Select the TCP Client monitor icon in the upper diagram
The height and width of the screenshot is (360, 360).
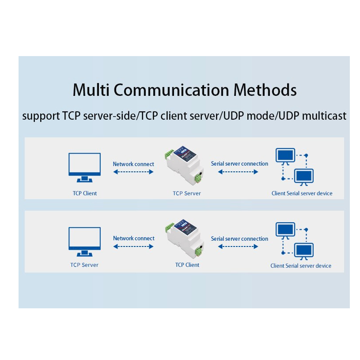point(84,167)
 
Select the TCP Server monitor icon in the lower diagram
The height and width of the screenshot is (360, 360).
point(84,241)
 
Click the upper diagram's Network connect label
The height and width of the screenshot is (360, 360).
point(133,164)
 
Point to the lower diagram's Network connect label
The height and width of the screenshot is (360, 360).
point(133,238)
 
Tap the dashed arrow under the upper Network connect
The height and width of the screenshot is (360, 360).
point(133,172)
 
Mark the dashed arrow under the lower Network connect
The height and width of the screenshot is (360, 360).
point(133,246)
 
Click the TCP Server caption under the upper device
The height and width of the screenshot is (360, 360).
point(186,193)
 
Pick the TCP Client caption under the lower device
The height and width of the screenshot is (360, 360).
point(187,265)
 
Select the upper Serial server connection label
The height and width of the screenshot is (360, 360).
point(239,164)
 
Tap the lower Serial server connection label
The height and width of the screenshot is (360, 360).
point(239,239)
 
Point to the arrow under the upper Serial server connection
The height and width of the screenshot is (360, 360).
point(238,172)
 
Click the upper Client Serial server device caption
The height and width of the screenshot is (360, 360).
point(302,193)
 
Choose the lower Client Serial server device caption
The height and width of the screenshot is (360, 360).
point(301,266)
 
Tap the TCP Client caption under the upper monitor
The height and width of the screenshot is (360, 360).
point(84,193)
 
